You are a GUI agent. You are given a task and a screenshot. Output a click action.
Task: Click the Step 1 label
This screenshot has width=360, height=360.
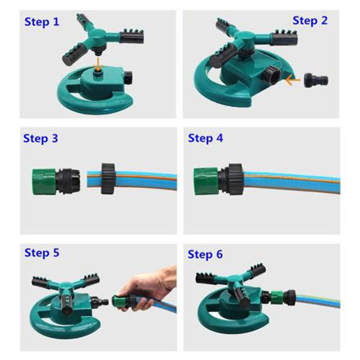(x=41, y=22)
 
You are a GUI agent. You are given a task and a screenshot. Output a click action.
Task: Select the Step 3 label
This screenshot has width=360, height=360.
(x=40, y=138)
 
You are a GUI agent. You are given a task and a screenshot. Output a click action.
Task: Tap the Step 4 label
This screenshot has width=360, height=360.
(x=205, y=138)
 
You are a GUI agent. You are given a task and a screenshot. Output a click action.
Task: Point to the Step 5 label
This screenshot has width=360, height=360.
(x=41, y=252)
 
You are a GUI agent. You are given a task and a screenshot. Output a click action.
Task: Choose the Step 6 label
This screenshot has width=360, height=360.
(x=205, y=254)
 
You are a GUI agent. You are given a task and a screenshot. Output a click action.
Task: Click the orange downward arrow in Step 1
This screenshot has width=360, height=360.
(x=97, y=63)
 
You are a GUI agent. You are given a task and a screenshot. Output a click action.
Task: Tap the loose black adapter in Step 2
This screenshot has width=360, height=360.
(x=315, y=80)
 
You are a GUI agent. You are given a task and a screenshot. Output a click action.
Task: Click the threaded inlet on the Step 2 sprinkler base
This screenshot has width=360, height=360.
(x=272, y=74)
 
